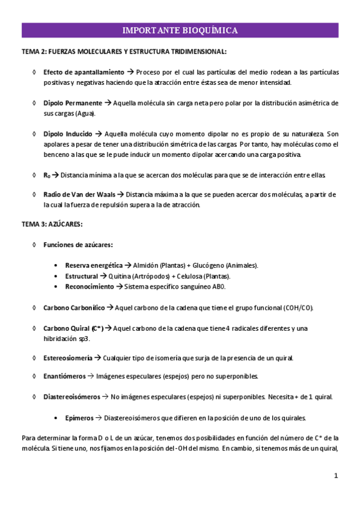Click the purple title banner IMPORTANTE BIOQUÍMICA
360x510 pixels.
tap(180, 30)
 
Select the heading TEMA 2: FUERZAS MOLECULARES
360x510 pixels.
tap(124, 52)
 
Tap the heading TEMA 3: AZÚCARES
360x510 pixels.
tap(52, 224)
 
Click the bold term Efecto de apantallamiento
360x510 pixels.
tap(84, 72)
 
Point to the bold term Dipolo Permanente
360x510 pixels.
tap(73, 103)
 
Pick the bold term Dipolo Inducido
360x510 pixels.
tap(68, 134)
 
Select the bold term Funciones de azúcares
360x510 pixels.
tap(78, 245)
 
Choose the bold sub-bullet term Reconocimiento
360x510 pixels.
tap(89, 286)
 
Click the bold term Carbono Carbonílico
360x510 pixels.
tap(74, 307)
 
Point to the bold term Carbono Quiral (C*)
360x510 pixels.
tap(73, 328)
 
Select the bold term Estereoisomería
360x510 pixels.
tap(68, 358)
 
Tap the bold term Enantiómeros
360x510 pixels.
tap(64, 376)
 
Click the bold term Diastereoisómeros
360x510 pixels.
tap(72, 397)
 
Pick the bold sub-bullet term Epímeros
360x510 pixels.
tap(79, 417)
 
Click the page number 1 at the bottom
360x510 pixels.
tap(337, 476)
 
